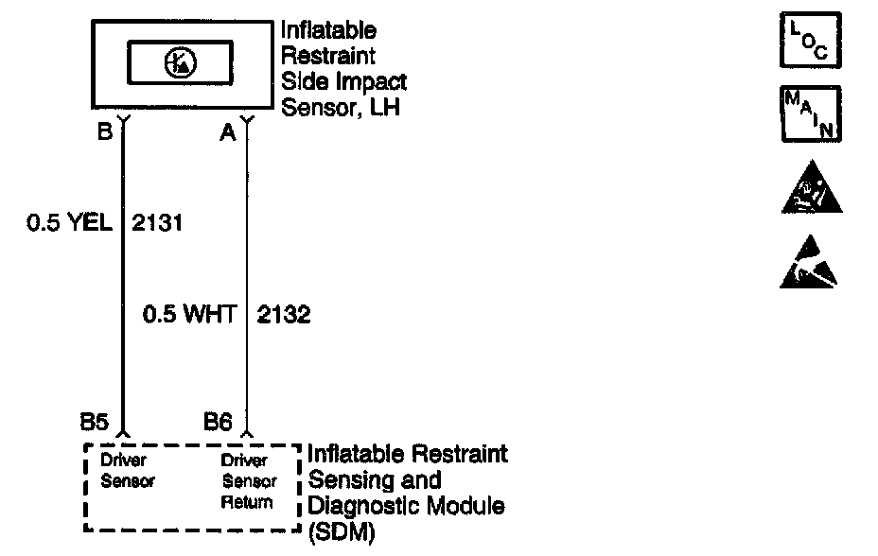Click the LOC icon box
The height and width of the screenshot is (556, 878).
(811, 41)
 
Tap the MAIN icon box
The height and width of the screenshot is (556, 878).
(812, 114)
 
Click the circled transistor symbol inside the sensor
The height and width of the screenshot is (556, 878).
(181, 62)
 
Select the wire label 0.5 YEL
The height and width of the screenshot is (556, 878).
(69, 222)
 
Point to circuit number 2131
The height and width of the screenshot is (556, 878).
(157, 223)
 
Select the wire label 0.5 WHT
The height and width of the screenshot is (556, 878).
(190, 314)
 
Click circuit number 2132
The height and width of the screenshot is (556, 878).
(284, 315)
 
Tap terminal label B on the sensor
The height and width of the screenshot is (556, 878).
(105, 131)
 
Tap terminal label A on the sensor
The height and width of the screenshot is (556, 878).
(228, 132)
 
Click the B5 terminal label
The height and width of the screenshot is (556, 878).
(94, 422)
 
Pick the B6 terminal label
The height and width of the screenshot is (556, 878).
(218, 422)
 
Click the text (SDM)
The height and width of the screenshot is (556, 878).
(342, 532)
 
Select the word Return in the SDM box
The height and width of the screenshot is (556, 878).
(247, 502)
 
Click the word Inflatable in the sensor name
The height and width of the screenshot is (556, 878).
(328, 30)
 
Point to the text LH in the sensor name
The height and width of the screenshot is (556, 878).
(385, 107)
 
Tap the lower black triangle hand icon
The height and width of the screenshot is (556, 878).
(809, 262)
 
